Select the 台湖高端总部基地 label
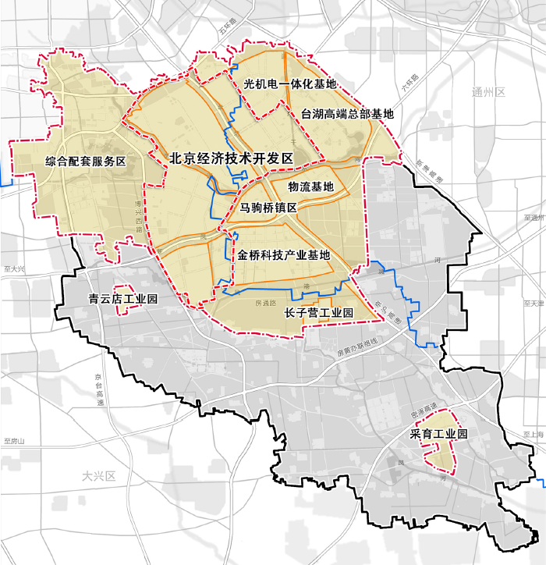click(348, 113)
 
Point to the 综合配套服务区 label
click(86, 161)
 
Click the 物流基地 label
click(310, 187)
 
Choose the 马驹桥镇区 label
click(268, 208)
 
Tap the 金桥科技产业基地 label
click(284, 255)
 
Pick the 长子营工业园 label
click(319, 313)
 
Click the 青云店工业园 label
click(123, 299)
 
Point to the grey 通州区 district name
click(489, 92)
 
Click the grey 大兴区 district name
click(98, 475)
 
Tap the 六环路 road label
click(410, 84)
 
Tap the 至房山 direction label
click(15, 441)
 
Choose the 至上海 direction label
click(534, 434)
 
